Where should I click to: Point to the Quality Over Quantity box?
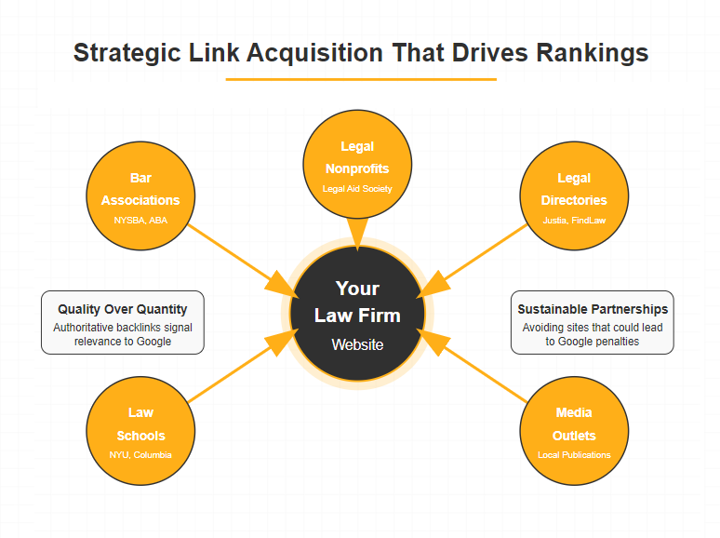tap(123, 322)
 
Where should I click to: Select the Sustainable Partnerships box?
tap(593, 322)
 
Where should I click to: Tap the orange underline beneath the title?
tap(360, 79)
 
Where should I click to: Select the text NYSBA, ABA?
tap(141, 221)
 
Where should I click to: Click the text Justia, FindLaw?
tap(574, 221)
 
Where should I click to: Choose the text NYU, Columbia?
tap(141, 454)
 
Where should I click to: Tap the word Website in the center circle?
tap(358, 344)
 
